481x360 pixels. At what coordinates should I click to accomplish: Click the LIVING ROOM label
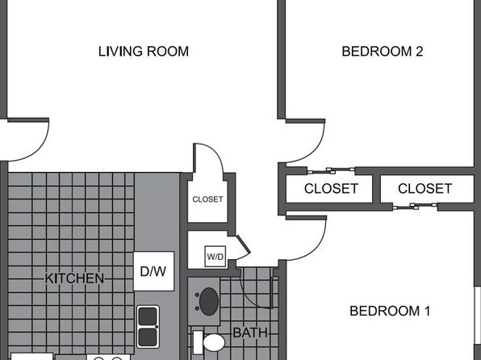pos(144,51)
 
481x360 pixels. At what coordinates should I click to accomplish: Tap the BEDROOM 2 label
pos(383,51)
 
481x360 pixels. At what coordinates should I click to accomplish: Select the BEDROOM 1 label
pos(390,311)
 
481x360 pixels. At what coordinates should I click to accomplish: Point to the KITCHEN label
pos(74,278)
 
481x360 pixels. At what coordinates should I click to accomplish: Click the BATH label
pos(250,333)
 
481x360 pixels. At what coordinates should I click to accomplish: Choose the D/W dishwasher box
pos(153,271)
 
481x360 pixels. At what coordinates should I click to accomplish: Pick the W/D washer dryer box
pos(215,256)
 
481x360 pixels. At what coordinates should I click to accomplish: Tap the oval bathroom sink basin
pos(209,301)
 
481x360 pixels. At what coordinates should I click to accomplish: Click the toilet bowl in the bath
pos(214,342)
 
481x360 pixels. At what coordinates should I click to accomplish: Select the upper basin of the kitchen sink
pos(148,316)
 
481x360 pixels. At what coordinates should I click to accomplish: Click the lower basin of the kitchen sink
pos(148,337)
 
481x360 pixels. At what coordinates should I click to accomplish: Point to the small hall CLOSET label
pos(207,199)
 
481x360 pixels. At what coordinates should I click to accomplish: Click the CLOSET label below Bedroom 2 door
pos(331,188)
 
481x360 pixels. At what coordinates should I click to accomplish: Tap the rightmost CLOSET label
pos(425,188)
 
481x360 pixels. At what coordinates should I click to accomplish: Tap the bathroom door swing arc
pos(249,297)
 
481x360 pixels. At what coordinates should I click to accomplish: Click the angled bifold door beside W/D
pos(244,245)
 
